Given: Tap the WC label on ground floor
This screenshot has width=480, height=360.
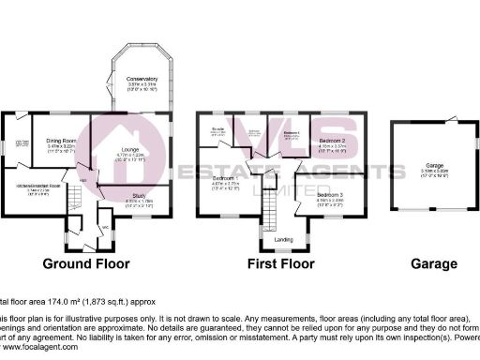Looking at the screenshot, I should (105, 225).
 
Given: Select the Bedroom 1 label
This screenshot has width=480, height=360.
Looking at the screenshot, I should (222, 178).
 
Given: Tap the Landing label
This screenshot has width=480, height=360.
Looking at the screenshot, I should (281, 239).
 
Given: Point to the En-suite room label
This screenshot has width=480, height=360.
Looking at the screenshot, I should (217, 128).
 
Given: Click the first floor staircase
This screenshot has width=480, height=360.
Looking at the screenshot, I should (267, 201).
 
